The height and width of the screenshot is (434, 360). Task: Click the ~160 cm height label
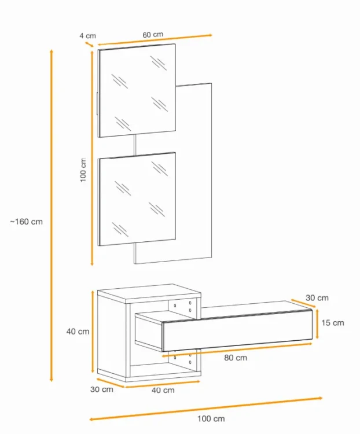coord(27,222)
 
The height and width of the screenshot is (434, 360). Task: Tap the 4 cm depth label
coord(87,36)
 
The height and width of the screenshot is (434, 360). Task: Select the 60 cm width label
coord(153,35)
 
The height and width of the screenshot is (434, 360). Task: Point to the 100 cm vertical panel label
coord(83,170)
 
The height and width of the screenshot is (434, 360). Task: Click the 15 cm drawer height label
coord(333,323)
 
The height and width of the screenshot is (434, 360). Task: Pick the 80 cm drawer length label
coord(236,358)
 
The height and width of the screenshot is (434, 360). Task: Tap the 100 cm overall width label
coord(211,419)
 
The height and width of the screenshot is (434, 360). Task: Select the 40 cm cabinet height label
coord(78,332)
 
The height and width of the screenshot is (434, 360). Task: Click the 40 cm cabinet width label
coord(163,390)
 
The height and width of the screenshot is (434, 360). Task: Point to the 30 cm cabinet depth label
coord(102,389)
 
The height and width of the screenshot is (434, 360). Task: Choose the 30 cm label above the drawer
coord(317,298)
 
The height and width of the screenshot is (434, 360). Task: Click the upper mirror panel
coord(137,90)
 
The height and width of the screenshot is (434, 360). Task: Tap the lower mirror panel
coord(137,199)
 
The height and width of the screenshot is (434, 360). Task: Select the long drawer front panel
coord(238,330)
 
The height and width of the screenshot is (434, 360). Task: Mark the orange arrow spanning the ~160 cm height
coord(52,215)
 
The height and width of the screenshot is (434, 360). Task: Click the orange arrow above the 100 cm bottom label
coord(205,409)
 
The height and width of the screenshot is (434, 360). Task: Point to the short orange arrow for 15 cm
coord(317,324)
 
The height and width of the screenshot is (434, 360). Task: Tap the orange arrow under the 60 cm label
coord(155,39)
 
